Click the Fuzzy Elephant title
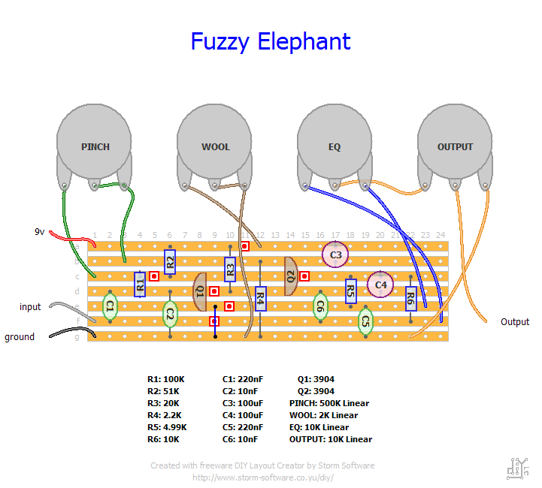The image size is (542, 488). pyautogui.click(x=271, y=42)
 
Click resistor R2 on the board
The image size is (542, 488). pyautogui.click(x=170, y=262)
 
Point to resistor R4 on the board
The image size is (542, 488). pyautogui.click(x=260, y=299)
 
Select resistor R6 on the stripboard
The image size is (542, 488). pyautogui.click(x=410, y=299)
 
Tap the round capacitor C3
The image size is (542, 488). pyautogui.click(x=335, y=255)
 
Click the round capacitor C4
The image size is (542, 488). pyautogui.click(x=380, y=285)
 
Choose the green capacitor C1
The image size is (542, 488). pyautogui.click(x=110, y=306)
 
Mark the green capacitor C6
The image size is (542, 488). pyautogui.click(x=320, y=306)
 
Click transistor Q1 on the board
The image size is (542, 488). pyautogui.click(x=199, y=291)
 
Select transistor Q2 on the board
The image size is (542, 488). pyautogui.click(x=290, y=276)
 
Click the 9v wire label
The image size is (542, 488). pyautogui.click(x=40, y=231)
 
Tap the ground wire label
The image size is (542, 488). pyautogui.click(x=20, y=337)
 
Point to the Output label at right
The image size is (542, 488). pyautogui.click(x=515, y=321)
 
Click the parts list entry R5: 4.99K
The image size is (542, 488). pyautogui.click(x=167, y=427)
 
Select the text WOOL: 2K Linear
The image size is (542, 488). pyautogui.click(x=323, y=415)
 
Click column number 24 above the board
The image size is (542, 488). pyautogui.click(x=441, y=235)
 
